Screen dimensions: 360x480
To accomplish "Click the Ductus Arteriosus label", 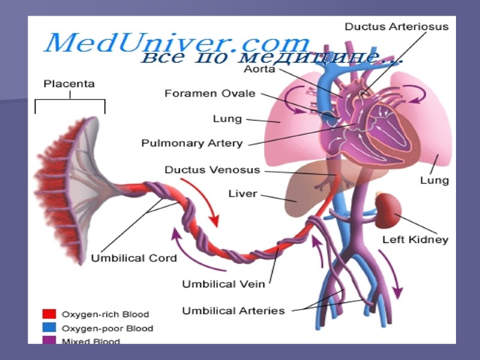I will coord(396,26).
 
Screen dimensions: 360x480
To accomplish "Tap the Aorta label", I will coord(259,69).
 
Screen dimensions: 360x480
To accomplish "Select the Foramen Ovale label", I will coord(210,94).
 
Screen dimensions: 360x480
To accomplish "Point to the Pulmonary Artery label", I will coord(192,143).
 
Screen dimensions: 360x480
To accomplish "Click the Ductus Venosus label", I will coord(212,170).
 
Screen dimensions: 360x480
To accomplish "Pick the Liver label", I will coord(242,194).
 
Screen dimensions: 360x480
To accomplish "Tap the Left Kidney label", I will coord(415,239).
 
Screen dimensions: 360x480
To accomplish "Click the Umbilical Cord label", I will coord(134,258).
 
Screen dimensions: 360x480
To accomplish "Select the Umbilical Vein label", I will coord(223,283).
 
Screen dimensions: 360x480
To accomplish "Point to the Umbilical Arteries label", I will coord(233,311).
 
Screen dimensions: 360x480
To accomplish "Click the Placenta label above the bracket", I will coord(69,84).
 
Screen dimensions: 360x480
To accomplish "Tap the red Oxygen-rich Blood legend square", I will coord(49,314).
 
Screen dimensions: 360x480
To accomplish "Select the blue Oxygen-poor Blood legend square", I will coord(49,328).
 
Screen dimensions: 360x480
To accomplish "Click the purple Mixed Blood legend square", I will coord(49,341).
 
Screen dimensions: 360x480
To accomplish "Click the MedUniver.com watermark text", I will coord(177,43).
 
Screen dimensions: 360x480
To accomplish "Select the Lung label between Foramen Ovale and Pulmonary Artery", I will coord(227,119).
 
